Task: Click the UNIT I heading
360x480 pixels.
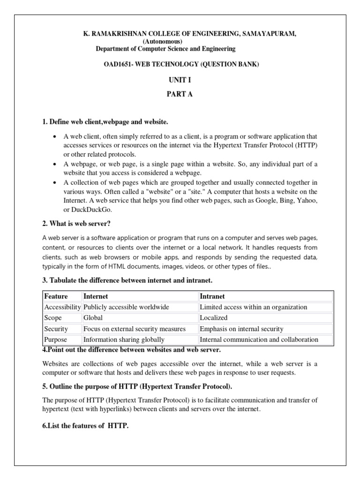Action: tap(180, 81)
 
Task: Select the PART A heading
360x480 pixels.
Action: tap(180, 94)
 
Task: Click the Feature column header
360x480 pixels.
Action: tap(56, 296)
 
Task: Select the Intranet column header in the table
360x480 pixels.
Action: tap(212, 296)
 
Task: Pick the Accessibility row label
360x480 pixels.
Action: tap(62, 307)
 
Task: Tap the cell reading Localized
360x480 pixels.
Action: tap(214, 318)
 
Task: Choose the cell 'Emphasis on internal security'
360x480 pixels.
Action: tap(241, 329)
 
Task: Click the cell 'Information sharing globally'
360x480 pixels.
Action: tap(124, 339)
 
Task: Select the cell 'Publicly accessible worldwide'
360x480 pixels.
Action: tap(126, 307)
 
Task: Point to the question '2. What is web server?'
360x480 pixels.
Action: tap(76, 223)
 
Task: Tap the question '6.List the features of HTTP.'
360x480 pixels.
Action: tap(85, 425)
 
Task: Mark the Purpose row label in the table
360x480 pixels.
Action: tap(55, 339)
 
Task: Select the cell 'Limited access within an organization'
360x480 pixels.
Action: tap(254, 307)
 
